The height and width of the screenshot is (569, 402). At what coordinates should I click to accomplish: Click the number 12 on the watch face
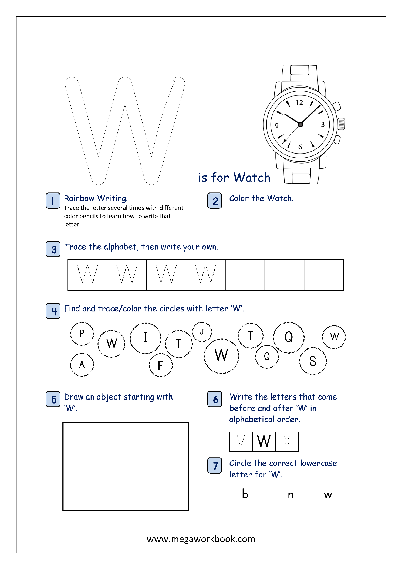click(x=299, y=103)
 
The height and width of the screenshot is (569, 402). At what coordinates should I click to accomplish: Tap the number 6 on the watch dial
click(x=300, y=147)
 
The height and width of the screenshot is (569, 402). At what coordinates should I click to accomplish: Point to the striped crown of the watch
click(x=341, y=124)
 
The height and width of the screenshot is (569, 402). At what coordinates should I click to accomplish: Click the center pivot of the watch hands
click(x=300, y=125)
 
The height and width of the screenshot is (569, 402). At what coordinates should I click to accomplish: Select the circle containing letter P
click(x=82, y=334)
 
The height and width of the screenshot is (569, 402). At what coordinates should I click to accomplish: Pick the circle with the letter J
click(x=202, y=332)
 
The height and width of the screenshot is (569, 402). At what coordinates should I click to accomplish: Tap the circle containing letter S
click(x=313, y=361)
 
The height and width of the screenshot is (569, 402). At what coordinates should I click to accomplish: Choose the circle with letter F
click(x=161, y=365)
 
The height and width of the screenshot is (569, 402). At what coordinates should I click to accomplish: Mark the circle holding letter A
click(x=82, y=365)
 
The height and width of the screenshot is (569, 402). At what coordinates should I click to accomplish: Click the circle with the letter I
click(x=146, y=338)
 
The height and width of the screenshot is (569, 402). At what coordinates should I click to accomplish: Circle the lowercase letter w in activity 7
click(x=328, y=495)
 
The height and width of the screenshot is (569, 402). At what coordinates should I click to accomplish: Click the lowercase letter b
click(x=245, y=494)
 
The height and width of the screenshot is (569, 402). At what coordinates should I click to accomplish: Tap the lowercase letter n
click(x=290, y=495)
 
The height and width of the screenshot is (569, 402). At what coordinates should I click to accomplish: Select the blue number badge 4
click(x=53, y=311)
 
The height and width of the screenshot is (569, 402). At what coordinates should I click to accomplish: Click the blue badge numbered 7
click(x=215, y=465)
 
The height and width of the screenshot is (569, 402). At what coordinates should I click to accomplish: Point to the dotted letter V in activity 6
click(x=241, y=441)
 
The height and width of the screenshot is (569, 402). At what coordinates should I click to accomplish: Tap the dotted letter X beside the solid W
click(x=287, y=441)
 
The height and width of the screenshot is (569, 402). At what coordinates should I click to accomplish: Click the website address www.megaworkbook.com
click(x=201, y=539)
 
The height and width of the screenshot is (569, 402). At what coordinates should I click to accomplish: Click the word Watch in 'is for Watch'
click(x=252, y=178)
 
